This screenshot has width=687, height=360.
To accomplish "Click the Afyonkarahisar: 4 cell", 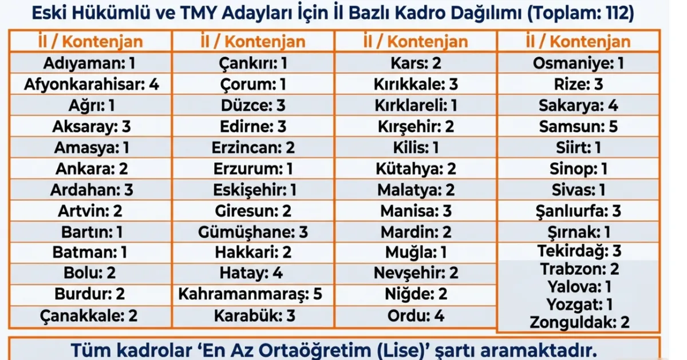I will [x=91, y=85].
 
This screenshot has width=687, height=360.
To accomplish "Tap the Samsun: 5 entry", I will [x=578, y=126].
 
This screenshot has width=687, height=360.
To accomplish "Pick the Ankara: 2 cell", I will [x=91, y=169].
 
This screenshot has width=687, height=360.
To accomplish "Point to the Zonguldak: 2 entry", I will [x=578, y=322].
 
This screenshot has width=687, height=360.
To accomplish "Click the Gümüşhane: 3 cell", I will [x=252, y=232].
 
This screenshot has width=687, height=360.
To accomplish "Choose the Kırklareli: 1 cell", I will [x=416, y=105].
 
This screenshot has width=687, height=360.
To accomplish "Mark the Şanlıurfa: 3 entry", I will [x=578, y=211].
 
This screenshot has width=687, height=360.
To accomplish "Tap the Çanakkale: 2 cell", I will [x=91, y=315].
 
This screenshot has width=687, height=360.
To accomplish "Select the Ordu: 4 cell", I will [x=416, y=315].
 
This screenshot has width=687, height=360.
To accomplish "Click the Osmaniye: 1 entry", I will [x=578, y=64].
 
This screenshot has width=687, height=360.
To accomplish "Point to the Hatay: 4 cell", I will [x=252, y=273].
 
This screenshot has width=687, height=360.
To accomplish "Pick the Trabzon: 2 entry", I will [x=578, y=269].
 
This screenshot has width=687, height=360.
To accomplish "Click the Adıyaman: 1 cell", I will [x=91, y=64].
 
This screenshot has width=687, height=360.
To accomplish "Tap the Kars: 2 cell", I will [x=416, y=64].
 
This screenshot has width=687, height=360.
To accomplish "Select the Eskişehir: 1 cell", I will [x=252, y=189].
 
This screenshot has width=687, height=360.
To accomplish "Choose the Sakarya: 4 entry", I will [x=578, y=105].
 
